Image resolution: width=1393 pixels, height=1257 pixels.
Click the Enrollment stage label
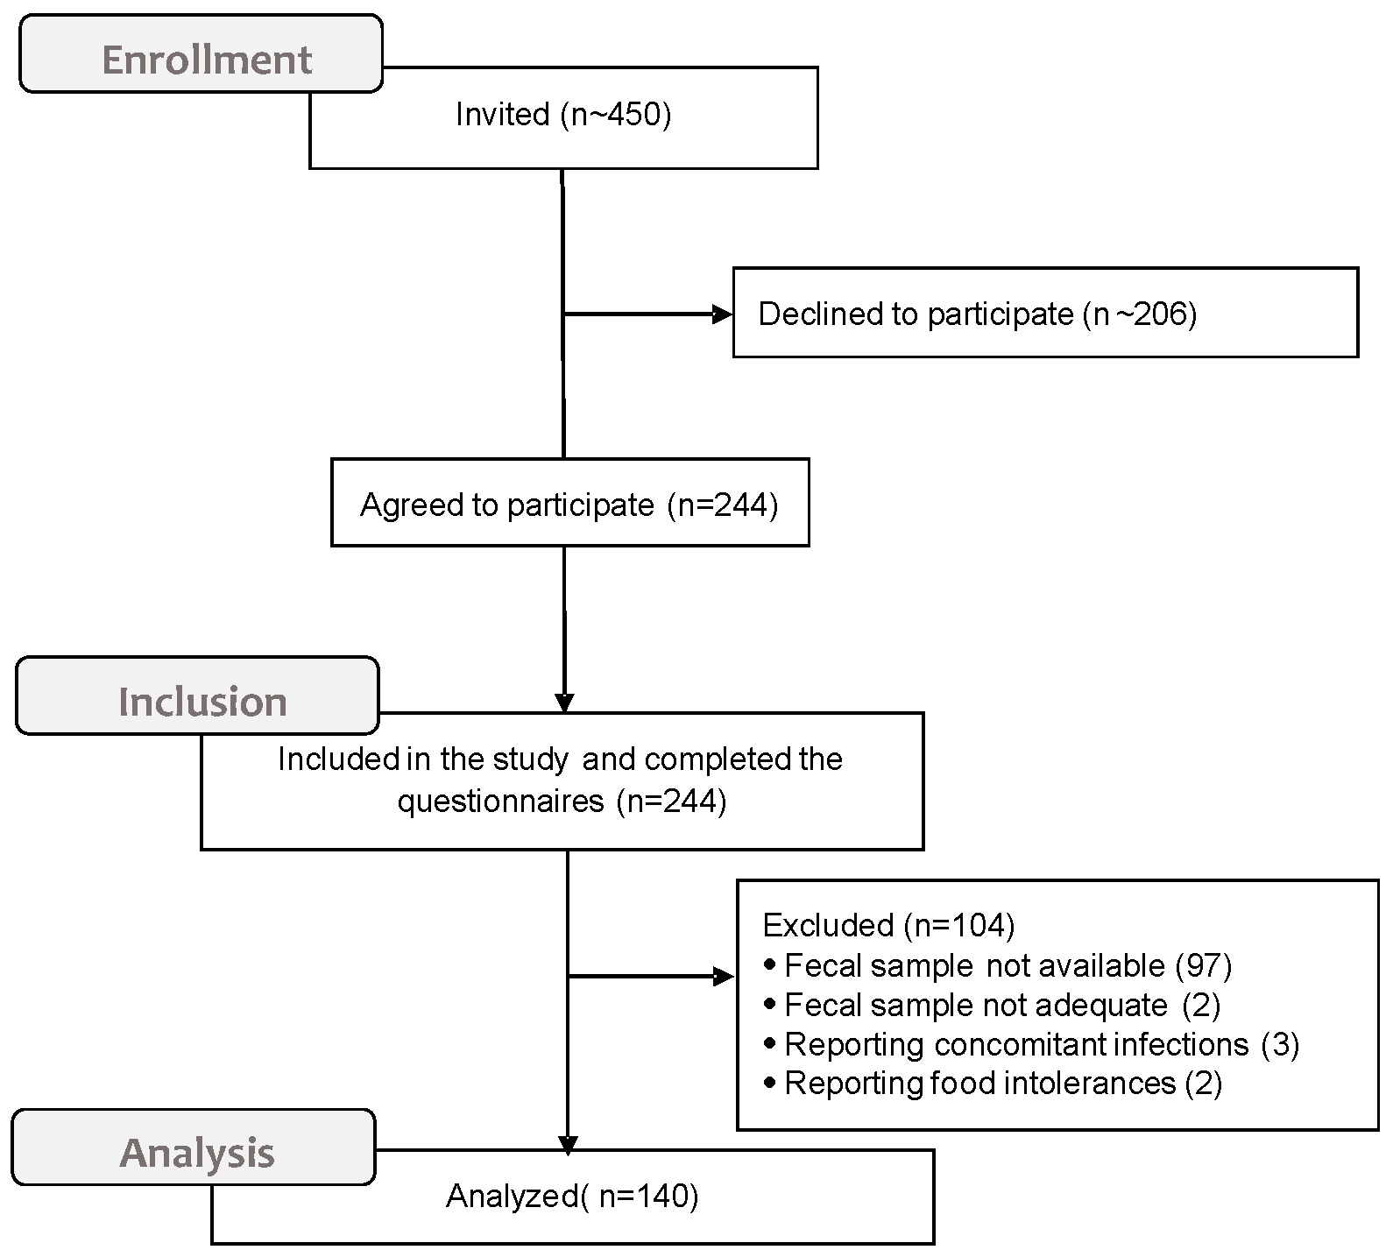(207, 60)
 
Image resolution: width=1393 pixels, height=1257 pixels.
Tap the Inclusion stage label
(202, 702)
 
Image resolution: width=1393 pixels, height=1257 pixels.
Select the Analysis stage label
(197, 1153)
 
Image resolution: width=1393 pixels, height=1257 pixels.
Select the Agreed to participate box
(569, 505)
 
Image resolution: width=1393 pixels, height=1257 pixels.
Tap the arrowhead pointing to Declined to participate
(723, 314)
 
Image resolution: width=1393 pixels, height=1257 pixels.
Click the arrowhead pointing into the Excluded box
(725, 977)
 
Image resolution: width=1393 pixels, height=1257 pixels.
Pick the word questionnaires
(500, 801)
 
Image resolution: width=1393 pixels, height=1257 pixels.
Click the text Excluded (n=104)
(888, 925)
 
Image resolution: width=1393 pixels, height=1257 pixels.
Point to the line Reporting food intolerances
(992, 1084)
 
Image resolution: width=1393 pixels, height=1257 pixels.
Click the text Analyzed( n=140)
(572, 1197)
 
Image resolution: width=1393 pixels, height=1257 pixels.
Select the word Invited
(502, 115)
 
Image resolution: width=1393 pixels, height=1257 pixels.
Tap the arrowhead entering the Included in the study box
(564, 703)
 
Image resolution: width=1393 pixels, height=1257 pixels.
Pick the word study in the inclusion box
(530, 759)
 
